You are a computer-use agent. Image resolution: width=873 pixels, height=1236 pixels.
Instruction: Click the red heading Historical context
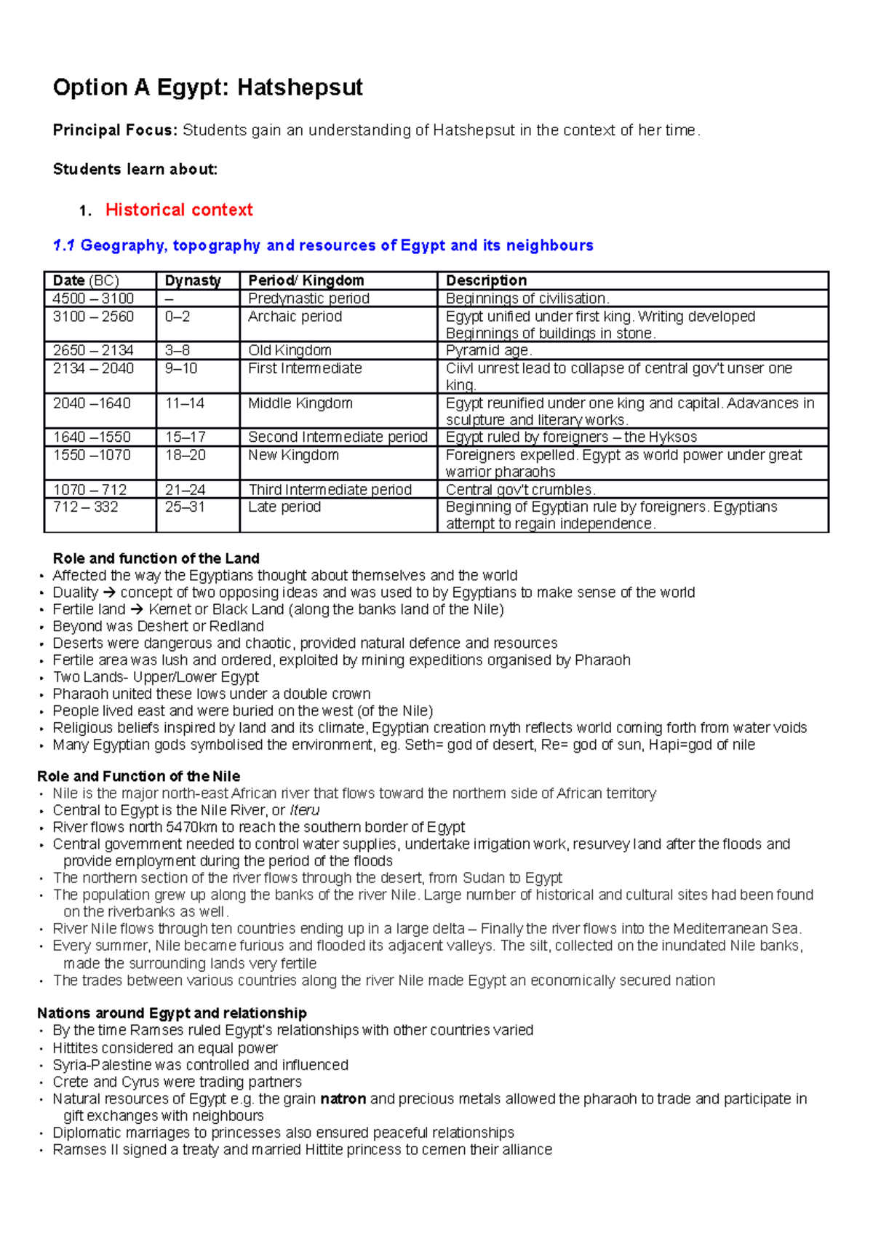click(x=179, y=210)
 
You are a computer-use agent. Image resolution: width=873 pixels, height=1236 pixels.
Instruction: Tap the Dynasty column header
click(x=193, y=281)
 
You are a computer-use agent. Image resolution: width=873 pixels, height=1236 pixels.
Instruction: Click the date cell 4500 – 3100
click(x=93, y=298)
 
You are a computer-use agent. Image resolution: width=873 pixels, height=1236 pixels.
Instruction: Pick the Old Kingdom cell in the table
click(x=290, y=351)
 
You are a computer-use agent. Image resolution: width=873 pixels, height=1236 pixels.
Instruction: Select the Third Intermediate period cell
click(x=330, y=490)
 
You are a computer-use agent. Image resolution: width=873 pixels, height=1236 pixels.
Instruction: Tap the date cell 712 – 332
click(x=85, y=507)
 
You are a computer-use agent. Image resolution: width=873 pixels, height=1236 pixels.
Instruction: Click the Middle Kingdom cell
click(x=300, y=403)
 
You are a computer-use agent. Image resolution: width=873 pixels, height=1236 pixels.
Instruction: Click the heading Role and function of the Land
click(x=156, y=558)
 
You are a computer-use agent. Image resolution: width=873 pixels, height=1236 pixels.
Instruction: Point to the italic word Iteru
click(x=304, y=810)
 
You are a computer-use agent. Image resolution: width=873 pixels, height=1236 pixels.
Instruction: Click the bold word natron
click(x=343, y=1099)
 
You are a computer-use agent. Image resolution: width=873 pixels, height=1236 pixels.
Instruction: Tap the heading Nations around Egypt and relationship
click(x=172, y=1013)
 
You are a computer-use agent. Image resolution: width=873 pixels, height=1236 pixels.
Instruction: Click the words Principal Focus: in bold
click(x=115, y=130)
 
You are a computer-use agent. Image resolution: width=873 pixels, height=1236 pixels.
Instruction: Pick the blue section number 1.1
click(x=64, y=246)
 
